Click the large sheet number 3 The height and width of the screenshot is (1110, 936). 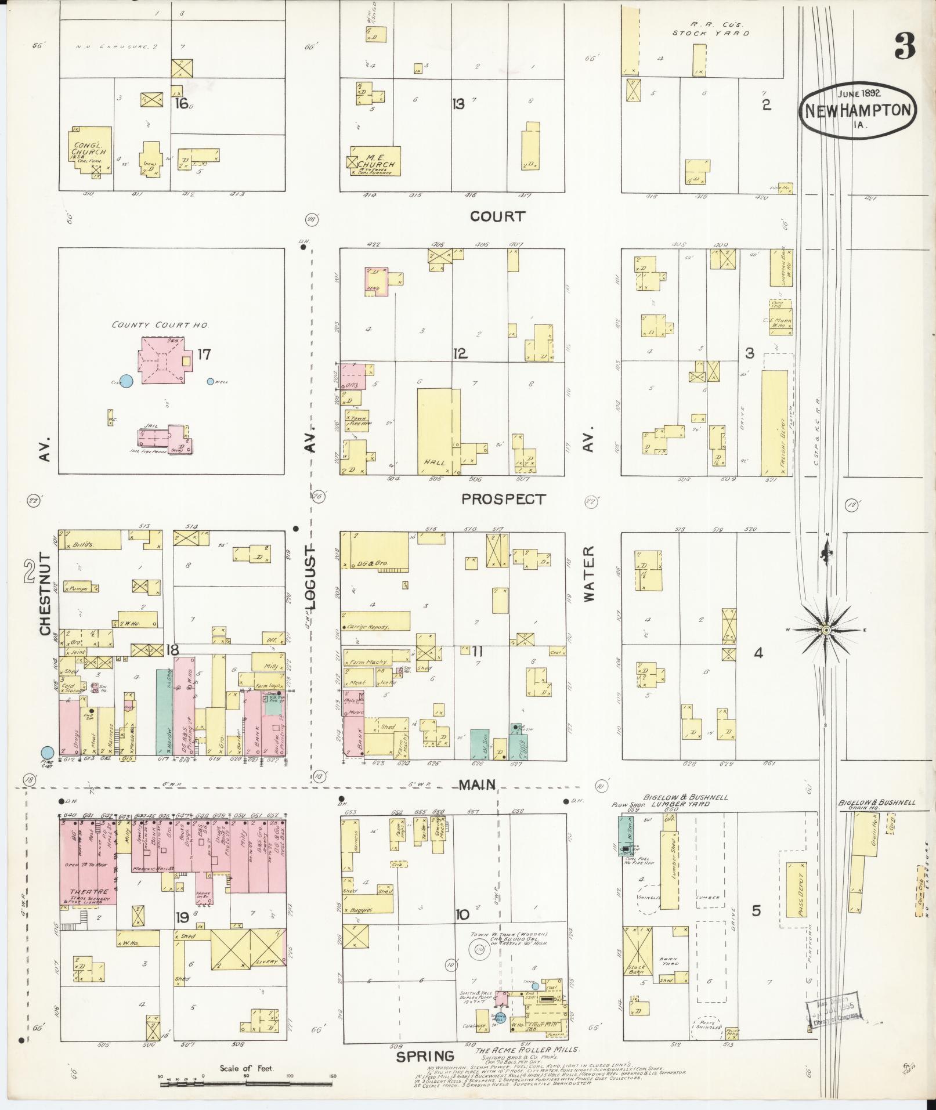click(905, 46)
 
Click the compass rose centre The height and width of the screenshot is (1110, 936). click(826, 630)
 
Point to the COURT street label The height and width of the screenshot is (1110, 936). click(497, 216)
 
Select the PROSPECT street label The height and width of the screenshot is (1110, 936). click(504, 499)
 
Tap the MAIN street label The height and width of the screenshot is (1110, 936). click(478, 785)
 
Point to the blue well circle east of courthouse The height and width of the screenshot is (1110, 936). click(210, 381)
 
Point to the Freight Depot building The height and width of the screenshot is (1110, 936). click(774, 423)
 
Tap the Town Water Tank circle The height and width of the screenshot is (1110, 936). click(479, 950)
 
